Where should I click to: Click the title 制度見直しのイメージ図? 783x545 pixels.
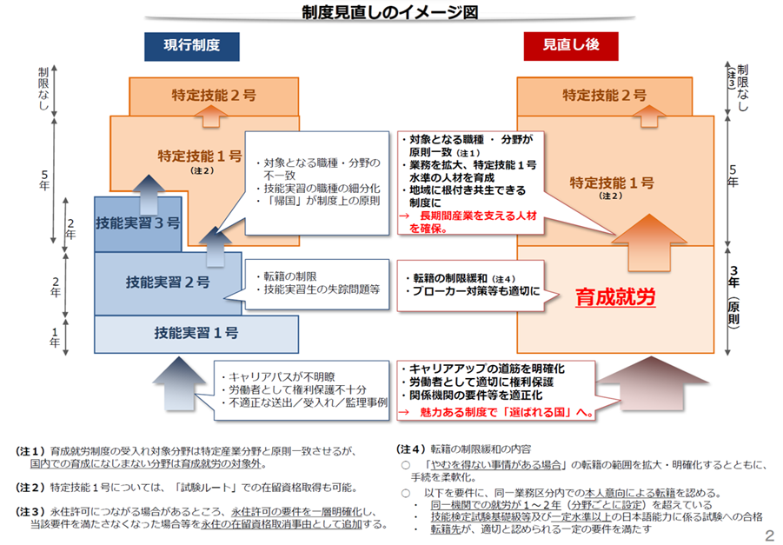[390, 12]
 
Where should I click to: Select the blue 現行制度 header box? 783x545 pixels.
[192, 46]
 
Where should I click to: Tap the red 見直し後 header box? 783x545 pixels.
[571, 46]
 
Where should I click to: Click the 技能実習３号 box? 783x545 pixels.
[138, 223]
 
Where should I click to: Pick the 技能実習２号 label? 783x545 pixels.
[168, 282]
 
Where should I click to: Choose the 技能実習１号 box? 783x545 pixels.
[196, 334]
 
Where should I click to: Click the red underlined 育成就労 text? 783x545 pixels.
[615, 297]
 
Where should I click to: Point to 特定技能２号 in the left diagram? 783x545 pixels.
[214, 95]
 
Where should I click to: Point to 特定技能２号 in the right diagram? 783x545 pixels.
[604, 95]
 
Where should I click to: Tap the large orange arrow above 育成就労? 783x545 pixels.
[648, 243]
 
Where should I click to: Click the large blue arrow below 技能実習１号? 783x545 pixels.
[179, 383]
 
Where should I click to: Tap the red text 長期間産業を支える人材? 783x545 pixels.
[478, 216]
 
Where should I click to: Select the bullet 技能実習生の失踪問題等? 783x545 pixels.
[322, 289]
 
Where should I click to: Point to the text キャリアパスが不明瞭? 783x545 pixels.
[282, 376]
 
